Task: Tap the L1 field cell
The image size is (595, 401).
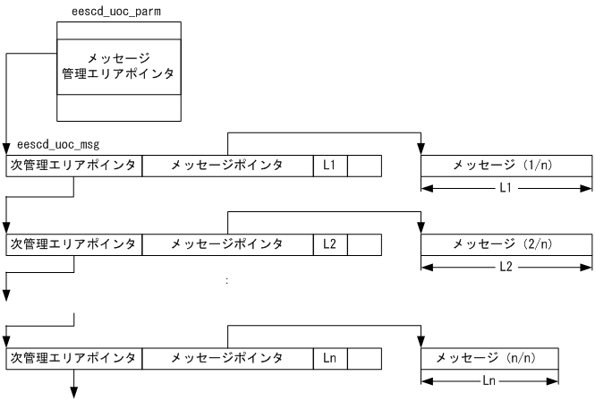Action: pyautogui.click(x=328, y=166)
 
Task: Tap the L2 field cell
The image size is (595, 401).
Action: pyautogui.click(x=328, y=243)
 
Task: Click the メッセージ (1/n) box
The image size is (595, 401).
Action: pyautogui.click(x=506, y=166)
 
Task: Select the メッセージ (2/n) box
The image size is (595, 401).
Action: pyautogui.click(x=506, y=243)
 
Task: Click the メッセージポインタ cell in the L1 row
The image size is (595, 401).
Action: pyautogui.click(x=227, y=166)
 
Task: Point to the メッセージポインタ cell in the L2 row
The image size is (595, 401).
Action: pyautogui.click(x=227, y=243)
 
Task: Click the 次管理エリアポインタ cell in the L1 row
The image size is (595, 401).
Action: pyautogui.click(x=73, y=166)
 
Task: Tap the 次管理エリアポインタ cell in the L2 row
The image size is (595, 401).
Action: pyautogui.click(x=73, y=243)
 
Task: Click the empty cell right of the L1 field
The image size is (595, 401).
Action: pyautogui.click(x=363, y=166)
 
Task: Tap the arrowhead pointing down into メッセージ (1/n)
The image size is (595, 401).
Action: pyautogui.click(x=421, y=149)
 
